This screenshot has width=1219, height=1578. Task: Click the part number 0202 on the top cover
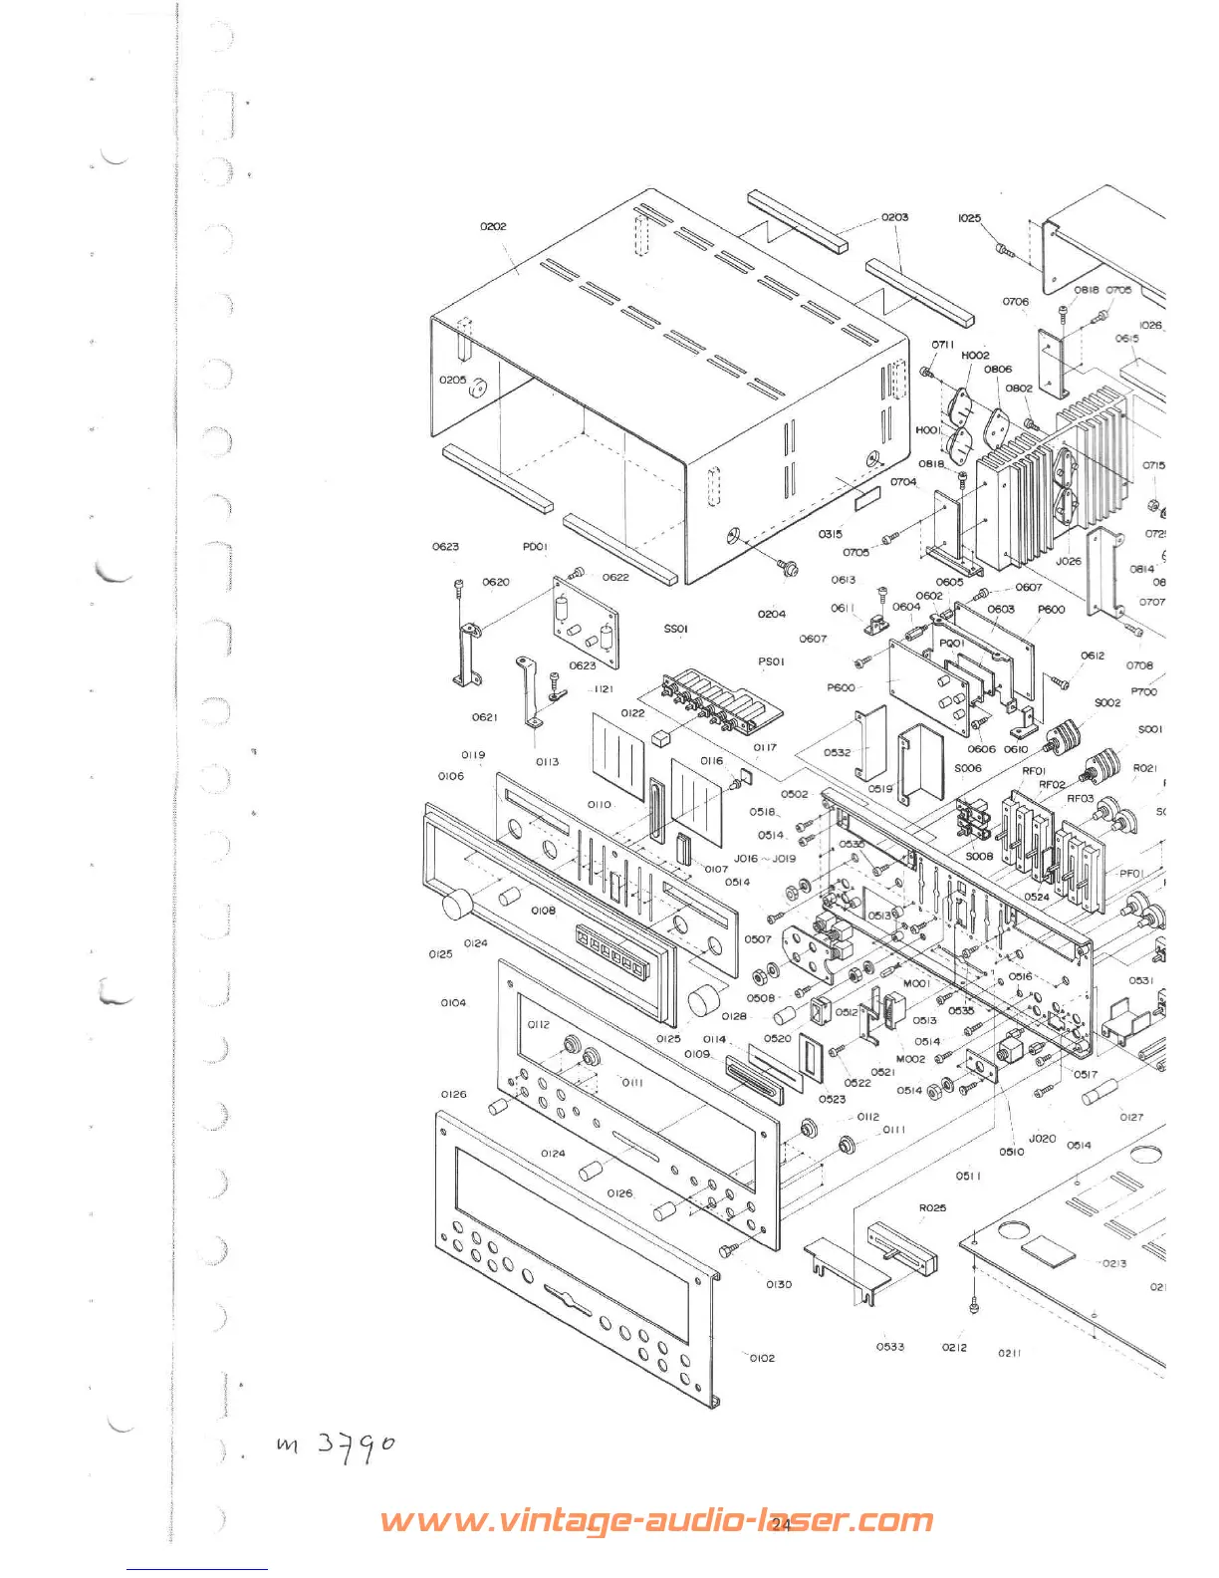click(493, 226)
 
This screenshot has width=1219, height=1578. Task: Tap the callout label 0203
click(894, 217)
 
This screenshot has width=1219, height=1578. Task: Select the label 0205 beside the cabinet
click(452, 380)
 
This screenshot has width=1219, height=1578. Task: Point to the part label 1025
click(969, 218)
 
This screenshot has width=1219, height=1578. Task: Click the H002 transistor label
click(975, 355)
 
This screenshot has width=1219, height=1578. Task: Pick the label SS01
click(675, 629)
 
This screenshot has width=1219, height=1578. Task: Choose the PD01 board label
click(535, 547)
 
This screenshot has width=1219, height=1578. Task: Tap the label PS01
click(771, 660)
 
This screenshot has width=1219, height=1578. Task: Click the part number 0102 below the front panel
click(762, 1358)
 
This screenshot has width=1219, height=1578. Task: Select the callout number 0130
click(779, 1284)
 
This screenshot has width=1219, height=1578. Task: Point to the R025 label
click(932, 1208)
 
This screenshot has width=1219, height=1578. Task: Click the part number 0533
click(890, 1347)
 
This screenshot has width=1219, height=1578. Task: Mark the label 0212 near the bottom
click(954, 1348)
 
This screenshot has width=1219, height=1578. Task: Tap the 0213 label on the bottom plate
click(1113, 1263)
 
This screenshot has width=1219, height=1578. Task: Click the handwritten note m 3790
click(336, 1446)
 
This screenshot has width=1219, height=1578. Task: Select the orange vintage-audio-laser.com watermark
click(657, 1521)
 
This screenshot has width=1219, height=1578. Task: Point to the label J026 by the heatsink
click(1069, 561)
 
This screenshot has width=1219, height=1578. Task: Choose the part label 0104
click(453, 1003)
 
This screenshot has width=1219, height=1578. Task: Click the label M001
click(916, 983)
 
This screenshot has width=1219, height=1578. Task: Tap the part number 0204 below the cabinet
click(771, 615)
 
